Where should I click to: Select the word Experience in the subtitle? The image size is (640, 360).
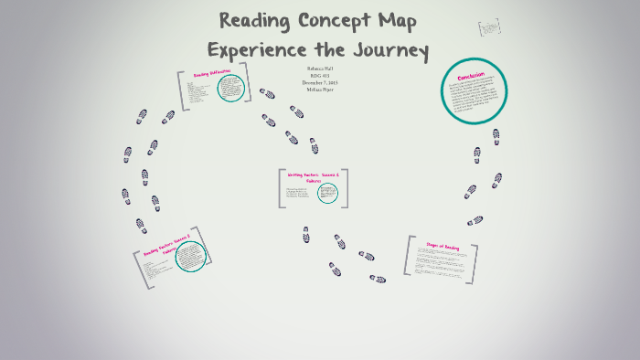coord(261,50)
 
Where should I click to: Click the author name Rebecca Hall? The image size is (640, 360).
coord(319,69)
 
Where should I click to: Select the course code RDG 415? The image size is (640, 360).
coord(319,76)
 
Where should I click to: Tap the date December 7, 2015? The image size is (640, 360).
coord(319,83)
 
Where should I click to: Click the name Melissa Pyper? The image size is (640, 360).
coord(319,90)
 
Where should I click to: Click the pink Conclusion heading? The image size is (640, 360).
coord(472,76)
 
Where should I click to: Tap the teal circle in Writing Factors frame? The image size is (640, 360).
coord(327,193)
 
